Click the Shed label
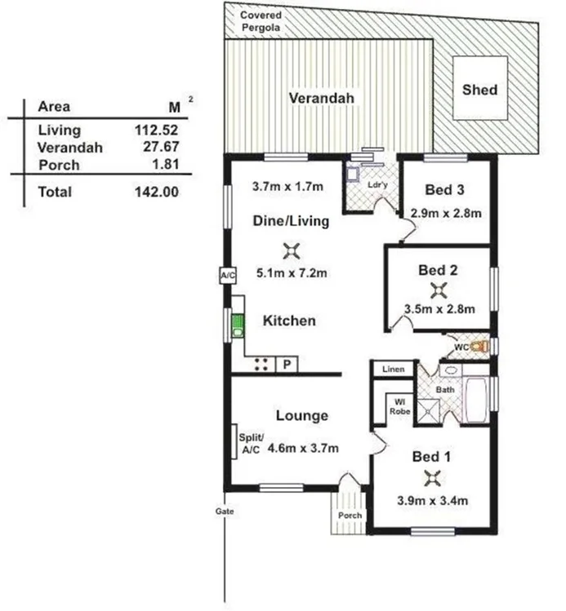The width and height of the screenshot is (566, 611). click(479, 89)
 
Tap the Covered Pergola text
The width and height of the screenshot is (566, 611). click(260, 21)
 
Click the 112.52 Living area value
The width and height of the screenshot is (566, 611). click(156, 130)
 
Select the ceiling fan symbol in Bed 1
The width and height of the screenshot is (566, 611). click(432, 479)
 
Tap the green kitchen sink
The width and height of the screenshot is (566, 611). click(237, 326)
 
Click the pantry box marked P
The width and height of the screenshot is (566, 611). click(287, 365)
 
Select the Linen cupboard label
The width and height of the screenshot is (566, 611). click(394, 370)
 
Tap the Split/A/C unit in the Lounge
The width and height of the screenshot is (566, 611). click(234, 445)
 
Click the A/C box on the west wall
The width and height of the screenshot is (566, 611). click(227, 276)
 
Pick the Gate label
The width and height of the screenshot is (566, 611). click(225, 511)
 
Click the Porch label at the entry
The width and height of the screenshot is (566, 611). click(349, 516)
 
